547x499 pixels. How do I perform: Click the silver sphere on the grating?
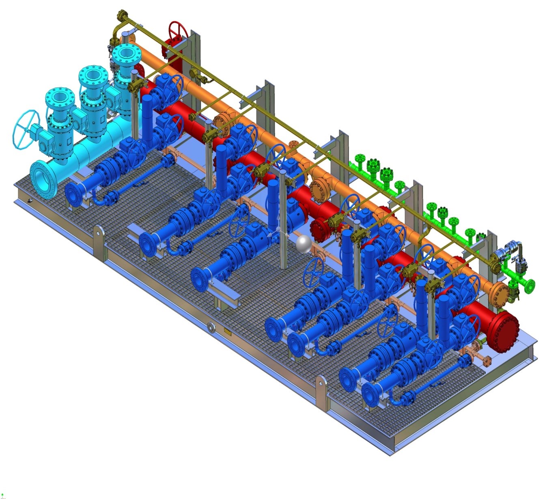(304, 244)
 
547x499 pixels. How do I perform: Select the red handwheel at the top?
(178, 30)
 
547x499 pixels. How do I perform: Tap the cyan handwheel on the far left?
(25, 129)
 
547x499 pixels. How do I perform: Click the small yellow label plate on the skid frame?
(227, 333)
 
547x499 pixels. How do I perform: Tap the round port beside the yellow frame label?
(211, 327)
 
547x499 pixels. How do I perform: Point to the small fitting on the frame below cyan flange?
(30, 201)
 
